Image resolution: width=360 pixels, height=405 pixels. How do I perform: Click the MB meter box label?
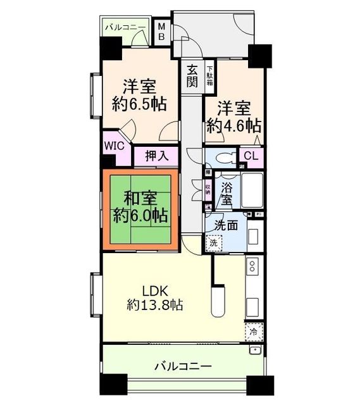162,31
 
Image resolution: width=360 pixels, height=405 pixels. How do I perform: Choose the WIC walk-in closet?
115,144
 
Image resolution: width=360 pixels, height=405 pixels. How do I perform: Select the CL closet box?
251,156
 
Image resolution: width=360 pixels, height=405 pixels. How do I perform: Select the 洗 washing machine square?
213,242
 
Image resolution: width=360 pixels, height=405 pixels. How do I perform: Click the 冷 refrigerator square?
253,331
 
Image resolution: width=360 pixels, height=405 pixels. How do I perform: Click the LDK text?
154,292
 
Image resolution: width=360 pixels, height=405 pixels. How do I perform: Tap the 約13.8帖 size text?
154,306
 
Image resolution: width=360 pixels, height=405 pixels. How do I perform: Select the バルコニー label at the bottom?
183,366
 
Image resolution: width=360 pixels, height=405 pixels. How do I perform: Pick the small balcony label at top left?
126,27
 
